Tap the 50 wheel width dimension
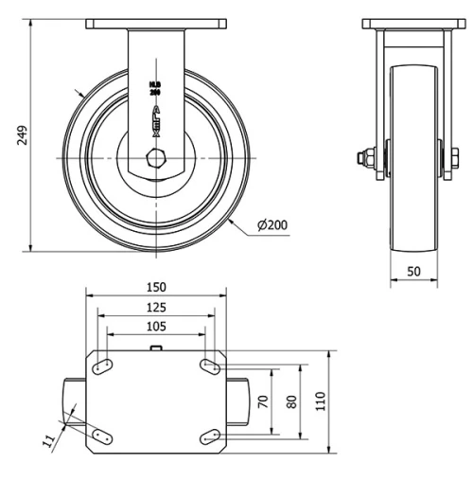tap(414, 272)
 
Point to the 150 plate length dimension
tap(156, 287)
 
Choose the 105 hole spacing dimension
tap(156, 327)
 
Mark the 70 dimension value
tap(263, 401)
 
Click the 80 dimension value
tap(290, 401)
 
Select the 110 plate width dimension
tap(321, 401)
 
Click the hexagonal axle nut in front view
tap(156, 157)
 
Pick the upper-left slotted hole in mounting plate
tap(105, 365)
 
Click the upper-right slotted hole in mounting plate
tap(209, 365)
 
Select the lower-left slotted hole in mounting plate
tap(105, 435)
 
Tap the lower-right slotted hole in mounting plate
tap(209, 435)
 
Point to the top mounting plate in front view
tap(156, 23)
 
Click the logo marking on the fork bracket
tap(156, 116)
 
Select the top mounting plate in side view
tap(412, 23)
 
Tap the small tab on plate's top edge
tap(156, 349)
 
